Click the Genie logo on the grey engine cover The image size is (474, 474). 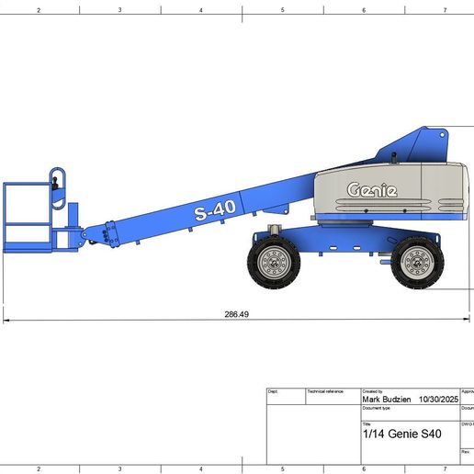tap(372, 190)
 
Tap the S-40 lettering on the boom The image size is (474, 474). tap(215, 210)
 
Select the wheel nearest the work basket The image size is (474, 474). tap(273, 261)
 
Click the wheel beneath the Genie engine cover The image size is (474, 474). tap(417, 262)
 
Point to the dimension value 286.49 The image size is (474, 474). tap(237, 314)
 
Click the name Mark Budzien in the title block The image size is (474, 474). tap(386, 400)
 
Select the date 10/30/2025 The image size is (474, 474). tap(438, 400)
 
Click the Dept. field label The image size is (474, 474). tap(273, 390)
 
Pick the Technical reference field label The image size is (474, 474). tap(325, 390)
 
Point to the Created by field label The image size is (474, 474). tap(374, 390)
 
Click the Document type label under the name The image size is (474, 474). tap(377, 408)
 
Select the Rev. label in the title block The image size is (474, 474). tap(465, 452)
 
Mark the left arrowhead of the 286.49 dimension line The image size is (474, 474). tap(6, 320)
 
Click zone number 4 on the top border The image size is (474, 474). tap(201, 10)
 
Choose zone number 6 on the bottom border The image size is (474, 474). tap(364, 468)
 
